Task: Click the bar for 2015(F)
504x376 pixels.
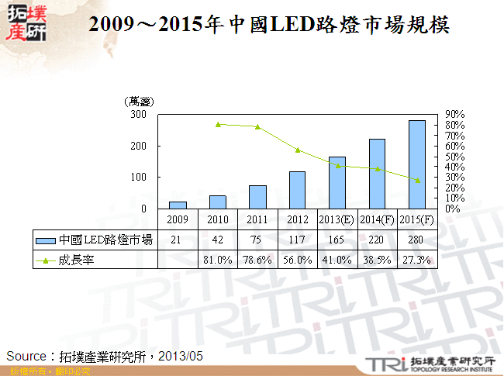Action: tap(416, 164)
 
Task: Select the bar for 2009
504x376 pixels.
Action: tap(178, 205)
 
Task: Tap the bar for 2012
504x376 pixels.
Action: tap(297, 190)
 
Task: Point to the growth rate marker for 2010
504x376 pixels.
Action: tap(218, 124)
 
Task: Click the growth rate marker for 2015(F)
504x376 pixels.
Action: tap(417, 180)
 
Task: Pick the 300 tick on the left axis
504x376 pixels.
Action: tap(139, 114)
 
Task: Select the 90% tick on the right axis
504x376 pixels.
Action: tap(454, 114)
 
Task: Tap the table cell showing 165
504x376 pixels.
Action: tap(337, 240)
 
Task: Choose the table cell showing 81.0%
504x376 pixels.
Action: tap(217, 260)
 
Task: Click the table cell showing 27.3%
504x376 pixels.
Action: tap(416, 260)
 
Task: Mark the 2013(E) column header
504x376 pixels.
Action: tap(337, 220)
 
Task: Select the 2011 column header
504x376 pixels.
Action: tap(257, 220)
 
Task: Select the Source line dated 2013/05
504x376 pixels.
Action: tap(105, 355)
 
